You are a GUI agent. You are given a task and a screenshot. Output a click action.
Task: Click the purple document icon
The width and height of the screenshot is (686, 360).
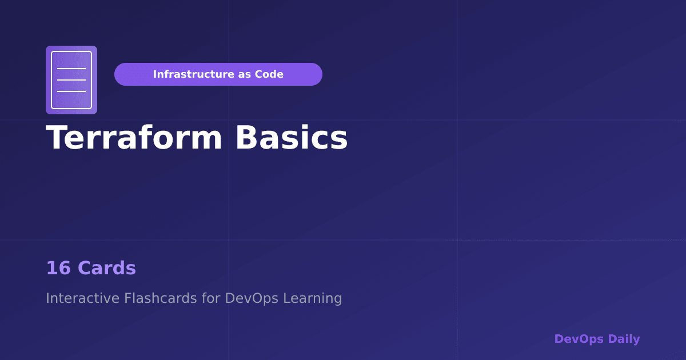(71, 80)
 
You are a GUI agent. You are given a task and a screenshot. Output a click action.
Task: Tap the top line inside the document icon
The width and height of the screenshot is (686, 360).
(71, 69)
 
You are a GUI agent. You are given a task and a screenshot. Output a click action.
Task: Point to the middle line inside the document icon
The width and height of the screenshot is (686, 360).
(71, 80)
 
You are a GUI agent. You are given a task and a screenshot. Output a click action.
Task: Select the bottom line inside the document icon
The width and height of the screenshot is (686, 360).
(71, 91)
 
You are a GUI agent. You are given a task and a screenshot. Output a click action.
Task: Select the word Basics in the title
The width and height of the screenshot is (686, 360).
(292, 138)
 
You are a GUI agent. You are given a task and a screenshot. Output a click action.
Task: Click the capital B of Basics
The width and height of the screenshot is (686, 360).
(246, 138)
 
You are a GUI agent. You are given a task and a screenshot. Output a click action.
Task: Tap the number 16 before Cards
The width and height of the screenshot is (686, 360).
(57, 268)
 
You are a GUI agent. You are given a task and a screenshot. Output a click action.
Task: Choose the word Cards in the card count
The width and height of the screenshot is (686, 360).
(107, 268)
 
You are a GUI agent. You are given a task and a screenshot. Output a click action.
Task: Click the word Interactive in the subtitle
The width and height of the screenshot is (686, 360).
(82, 298)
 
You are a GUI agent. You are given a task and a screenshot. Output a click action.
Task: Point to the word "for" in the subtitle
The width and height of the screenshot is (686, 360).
(211, 298)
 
